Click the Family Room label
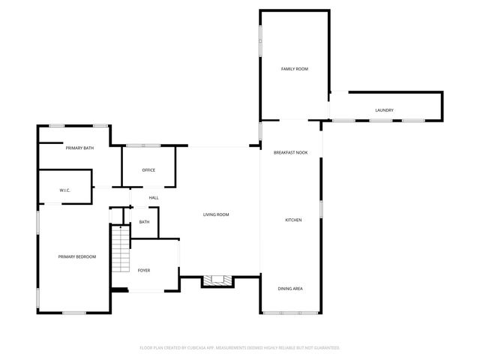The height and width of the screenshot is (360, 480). pos(295,69)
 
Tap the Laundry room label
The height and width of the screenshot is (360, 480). pos(384,111)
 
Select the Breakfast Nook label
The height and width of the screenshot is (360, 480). pos(290,152)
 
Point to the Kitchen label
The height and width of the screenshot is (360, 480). pos(293,220)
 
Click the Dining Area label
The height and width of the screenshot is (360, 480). pos(291,289)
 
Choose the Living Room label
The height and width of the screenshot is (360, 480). pos(216,215)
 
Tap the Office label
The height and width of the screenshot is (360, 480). pos(148,170)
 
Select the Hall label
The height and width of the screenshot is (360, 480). pos(154,198)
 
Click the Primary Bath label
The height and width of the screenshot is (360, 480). pos(79,148)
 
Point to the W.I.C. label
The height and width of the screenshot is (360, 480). pos(65,190)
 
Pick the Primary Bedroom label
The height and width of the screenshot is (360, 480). pos(77,257)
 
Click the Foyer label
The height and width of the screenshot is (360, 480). pos(143,270)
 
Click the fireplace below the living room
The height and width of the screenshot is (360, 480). pos(217,280)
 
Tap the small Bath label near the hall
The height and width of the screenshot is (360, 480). pos(144,222)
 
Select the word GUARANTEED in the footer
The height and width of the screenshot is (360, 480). pos(323,348)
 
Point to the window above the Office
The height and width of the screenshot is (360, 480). pos(142,145)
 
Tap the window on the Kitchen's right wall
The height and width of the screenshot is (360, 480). pos(322,208)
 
